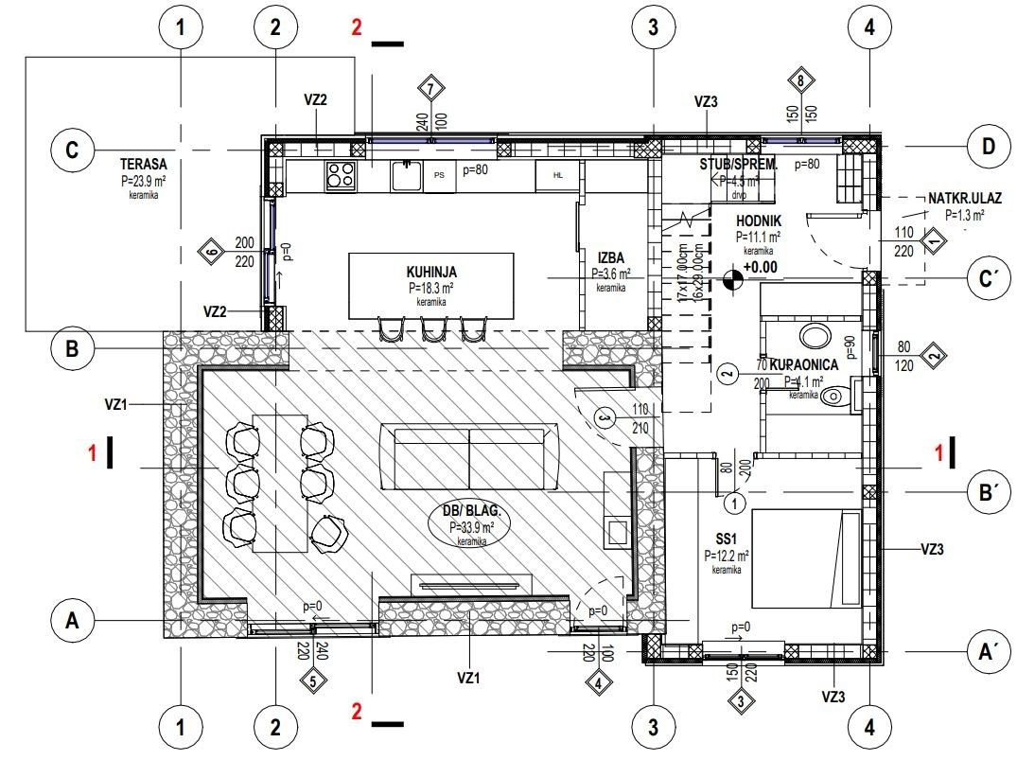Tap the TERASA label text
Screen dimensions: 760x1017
(x=144, y=164)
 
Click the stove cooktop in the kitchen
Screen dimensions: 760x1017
(x=341, y=174)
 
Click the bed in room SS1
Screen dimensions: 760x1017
(x=806, y=559)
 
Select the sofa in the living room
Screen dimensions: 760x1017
(x=469, y=457)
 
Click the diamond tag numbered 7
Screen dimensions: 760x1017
(x=431, y=89)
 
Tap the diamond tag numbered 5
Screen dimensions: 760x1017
(x=313, y=679)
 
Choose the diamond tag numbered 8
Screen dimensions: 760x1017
(x=801, y=81)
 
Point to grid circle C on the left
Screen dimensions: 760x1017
(x=72, y=151)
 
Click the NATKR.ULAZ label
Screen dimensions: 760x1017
(x=964, y=199)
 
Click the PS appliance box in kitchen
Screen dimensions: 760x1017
(x=439, y=175)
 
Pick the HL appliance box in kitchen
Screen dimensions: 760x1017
(x=557, y=175)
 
